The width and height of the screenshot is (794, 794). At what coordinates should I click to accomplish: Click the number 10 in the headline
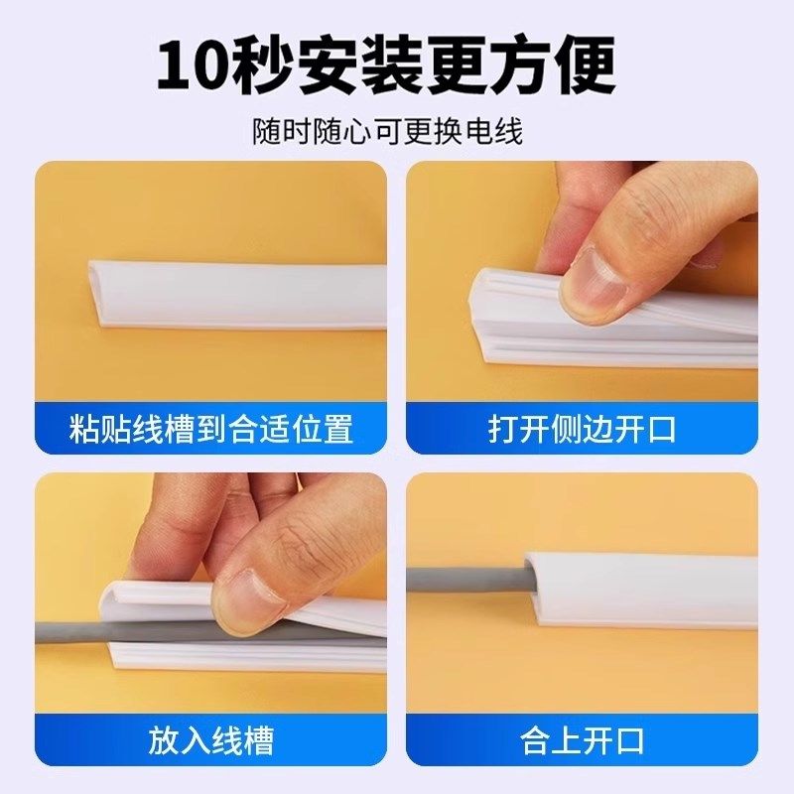[x=196, y=66]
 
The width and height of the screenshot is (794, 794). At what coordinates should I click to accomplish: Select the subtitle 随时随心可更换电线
[x=397, y=131]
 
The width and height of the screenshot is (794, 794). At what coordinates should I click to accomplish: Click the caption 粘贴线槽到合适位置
[x=210, y=429]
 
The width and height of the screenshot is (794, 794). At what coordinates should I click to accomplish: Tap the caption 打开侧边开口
[x=582, y=429]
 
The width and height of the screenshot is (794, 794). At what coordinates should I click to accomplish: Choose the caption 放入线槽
[x=210, y=740]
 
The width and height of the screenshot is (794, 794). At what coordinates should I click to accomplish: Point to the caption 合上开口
[x=582, y=740]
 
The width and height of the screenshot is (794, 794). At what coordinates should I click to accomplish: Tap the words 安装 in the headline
[x=367, y=65]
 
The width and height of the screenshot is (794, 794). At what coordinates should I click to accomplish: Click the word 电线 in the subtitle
[x=502, y=131]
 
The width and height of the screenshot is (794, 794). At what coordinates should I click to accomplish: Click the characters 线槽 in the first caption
[x=162, y=429]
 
